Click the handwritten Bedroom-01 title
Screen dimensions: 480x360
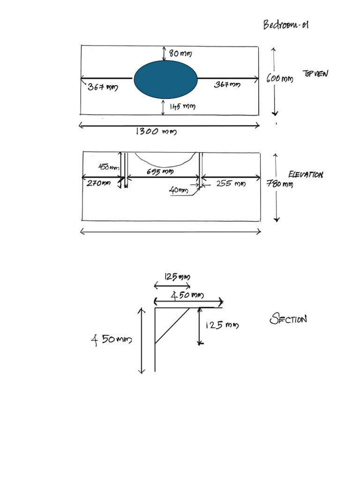pyautogui.click(x=285, y=25)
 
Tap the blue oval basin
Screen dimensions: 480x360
pyautogui.click(x=165, y=80)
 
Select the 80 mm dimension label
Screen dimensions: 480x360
pyautogui.click(x=180, y=54)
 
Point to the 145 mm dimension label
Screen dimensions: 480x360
pyautogui.click(x=182, y=107)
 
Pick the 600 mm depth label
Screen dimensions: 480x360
pyautogui.click(x=279, y=79)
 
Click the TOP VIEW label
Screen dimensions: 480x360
pyautogui.click(x=316, y=74)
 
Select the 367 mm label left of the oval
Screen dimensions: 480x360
pyautogui.click(x=103, y=87)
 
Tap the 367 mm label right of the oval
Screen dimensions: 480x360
pyautogui.click(x=227, y=85)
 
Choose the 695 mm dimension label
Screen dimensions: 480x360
pyautogui.click(x=160, y=172)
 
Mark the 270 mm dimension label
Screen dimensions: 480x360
pyautogui.click(x=98, y=184)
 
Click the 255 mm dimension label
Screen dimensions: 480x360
pyautogui.click(x=231, y=184)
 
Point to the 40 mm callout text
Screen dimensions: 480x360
pyautogui.click(x=179, y=191)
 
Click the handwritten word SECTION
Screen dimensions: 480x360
pyautogui.click(x=288, y=320)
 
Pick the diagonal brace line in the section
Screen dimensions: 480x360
pyautogui.click(x=172, y=326)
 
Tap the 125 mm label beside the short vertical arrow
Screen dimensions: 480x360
pyautogui.click(x=222, y=325)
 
